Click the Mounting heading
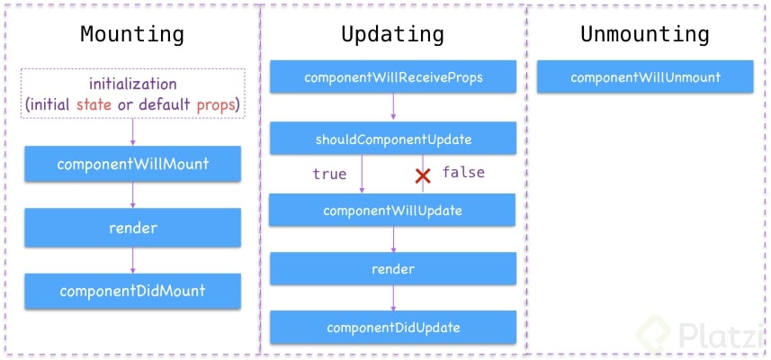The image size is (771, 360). pyautogui.click(x=132, y=35)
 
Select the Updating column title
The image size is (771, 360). pyautogui.click(x=392, y=35)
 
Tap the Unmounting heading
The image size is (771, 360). pyautogui.click(x=644, y=35)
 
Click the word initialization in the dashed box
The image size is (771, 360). pyautogui.click(x=132, y=84)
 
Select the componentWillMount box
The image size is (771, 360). pyautogui.click(x=132, y=164)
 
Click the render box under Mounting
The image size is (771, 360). pyautogui.click(x=132, y=228)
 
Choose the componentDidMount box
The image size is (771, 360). pyautogui.click(x=132, y=291)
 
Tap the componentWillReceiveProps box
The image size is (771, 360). pyautogui.click(x=393, y=77)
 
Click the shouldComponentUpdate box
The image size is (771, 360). pyautogui.click(x=393, y=139)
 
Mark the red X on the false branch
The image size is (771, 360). pyautogui.click(x=422, y=175)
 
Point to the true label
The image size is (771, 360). pyautogui.click(x=329, y=174)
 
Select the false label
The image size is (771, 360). pyautogui.click(x=462, y=172)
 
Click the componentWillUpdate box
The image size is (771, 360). pyautogui.click(x=393, y=211)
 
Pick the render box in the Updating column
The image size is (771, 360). pyautogui.click(x=393, y=269)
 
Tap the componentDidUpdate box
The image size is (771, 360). pyautogui.click(x=393, y=327)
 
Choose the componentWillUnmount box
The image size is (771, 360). pyautogui.click(x=645, y=77)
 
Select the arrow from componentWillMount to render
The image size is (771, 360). pyautogui.click(x=132, y=195)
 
